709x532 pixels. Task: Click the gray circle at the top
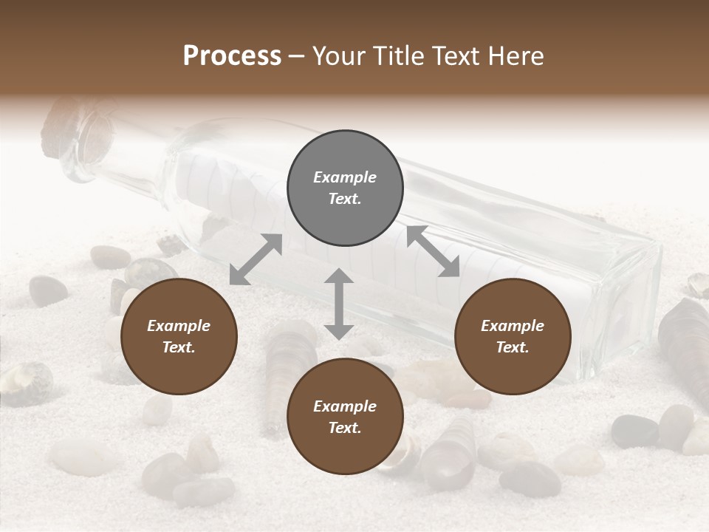coord(345,188)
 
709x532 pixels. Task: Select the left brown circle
coord(179,337)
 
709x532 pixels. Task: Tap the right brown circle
coord(513,337)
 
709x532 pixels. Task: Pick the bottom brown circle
coord(345,417)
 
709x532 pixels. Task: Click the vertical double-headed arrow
coord(339,304)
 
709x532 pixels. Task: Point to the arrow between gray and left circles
coord(256,259)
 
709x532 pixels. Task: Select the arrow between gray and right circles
coord(433,251)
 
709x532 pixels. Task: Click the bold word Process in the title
coord(232,56)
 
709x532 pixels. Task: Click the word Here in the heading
coord(516,56)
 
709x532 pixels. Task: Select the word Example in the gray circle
coord(345,177)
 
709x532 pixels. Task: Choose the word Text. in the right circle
coord(513,347)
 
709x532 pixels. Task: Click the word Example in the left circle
coord(179,326)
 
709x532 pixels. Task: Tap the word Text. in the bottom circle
coord(345,428)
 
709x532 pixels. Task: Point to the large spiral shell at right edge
coord(687,347)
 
